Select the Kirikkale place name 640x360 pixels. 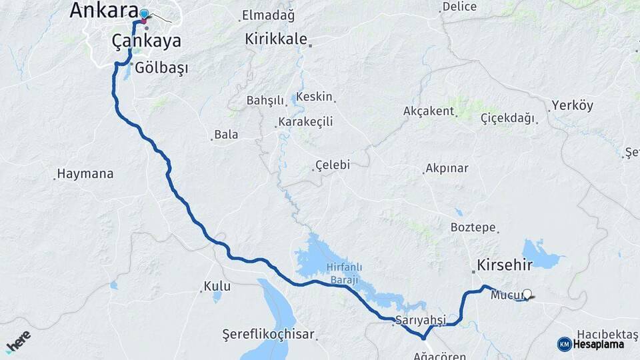click(x=275, y=39)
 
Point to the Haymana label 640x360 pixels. click(x=85, y=174)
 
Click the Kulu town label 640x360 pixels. click(x=218, y=286)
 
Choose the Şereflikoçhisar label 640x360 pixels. click(x=269, y=334)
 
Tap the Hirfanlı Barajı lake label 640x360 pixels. click(x=343, y=273)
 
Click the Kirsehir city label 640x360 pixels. click(x=505, y=265)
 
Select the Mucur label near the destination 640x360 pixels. click(x=503, y=294)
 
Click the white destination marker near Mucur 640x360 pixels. click(x=528, y=293)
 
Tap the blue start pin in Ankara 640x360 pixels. click(x=144, y=14)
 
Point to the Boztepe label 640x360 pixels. click(x=473, y=227)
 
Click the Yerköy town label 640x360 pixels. click(x=572, y=105)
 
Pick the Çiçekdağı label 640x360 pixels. click(x=507, y=118)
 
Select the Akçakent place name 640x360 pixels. click(x=428, y=111)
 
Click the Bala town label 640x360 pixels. click(x=226, y=135)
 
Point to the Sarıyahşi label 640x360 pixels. click(x=420, y=319)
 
